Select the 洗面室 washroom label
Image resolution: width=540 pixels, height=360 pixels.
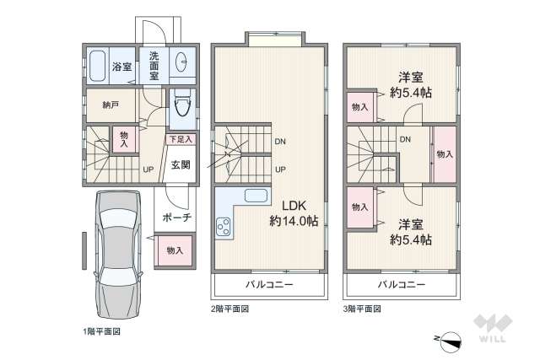(154, 65)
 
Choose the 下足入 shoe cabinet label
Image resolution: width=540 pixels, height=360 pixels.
(181, 139)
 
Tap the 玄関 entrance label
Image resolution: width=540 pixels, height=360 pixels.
(181, 164)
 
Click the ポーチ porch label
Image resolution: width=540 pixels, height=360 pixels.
(176, 218)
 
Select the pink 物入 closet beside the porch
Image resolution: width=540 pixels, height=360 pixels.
(175, 250)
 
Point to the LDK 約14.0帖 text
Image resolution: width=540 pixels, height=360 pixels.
(293, 212)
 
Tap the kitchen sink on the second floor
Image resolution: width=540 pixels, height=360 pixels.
(256, 196)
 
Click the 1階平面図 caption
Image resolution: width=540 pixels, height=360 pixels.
(101, 331)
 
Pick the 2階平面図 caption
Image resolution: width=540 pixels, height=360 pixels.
(229, 309)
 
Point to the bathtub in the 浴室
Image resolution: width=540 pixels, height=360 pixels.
(96, 66)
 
